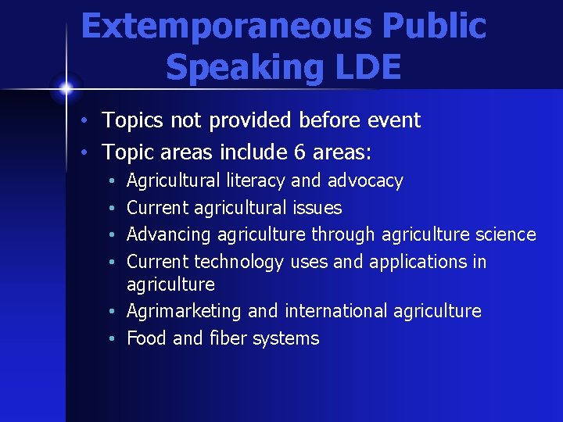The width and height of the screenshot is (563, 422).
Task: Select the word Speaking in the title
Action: point(235,67)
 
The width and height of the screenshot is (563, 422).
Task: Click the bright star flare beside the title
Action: point(66,88)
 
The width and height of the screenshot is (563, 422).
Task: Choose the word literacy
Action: point(256,181)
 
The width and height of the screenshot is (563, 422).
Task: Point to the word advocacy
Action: point(365,181)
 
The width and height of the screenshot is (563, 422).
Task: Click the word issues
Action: point(317,208)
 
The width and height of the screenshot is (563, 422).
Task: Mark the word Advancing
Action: point(169,234)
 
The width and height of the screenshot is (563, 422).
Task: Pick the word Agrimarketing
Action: point(184,311)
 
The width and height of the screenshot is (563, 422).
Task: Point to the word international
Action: point(336,311)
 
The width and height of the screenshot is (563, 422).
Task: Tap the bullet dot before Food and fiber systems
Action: point(114,338)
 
